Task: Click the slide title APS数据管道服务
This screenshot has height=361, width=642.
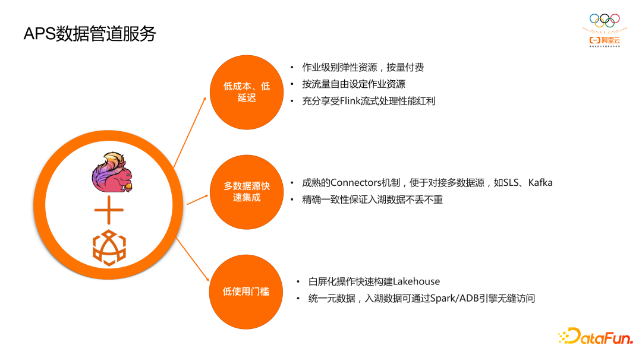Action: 89,34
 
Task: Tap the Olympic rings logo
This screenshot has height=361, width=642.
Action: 605,20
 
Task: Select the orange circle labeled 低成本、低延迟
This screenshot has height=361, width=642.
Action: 246,92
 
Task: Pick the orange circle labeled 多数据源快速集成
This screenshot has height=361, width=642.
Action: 246,192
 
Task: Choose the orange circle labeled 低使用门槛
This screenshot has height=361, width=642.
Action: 246,292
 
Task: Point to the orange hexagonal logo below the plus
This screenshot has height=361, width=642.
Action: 109,248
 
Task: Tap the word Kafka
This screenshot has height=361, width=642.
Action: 540,183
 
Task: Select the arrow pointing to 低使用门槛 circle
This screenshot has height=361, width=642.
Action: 192,257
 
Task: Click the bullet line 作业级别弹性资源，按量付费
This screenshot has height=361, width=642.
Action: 363,68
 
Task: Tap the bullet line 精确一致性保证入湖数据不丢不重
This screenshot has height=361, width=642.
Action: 372,199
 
